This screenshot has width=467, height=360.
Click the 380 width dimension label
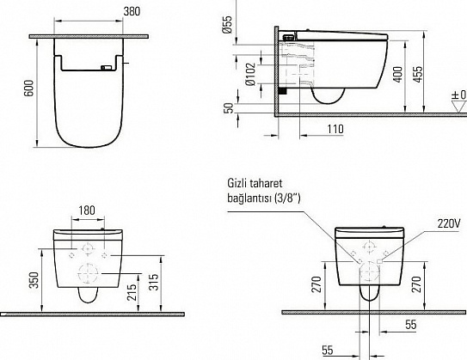(x=132, y=11)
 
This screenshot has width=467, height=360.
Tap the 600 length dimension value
(x=29, y=88)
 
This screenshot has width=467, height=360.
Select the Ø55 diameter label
(x=227, y=24)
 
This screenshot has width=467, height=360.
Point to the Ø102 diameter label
(x=250, y=74)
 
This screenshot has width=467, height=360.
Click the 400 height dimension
(x=397, y=75)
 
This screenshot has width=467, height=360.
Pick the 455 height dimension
(x=418, y=75)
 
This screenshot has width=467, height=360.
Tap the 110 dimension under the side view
(x=335, y=129)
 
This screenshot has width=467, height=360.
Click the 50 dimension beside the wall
(x=229, y=108)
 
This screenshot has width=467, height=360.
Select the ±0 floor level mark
(x=459, y=95)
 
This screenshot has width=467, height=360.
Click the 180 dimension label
(x=87, y=211)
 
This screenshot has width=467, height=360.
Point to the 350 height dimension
(x=34, y=280)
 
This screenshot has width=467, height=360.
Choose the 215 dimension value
(x=132, y=292)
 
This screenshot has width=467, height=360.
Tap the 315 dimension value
(x=154, y=282)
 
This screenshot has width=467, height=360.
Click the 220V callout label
(x=449, y=223)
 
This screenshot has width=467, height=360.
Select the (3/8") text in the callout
(x=287, y=198)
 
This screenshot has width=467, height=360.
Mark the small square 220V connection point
(x=380, y=261)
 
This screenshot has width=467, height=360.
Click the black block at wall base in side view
(x=282, y=90)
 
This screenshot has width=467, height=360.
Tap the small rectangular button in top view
(x=107, y=68)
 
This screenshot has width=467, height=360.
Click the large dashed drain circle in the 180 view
(x=88, y=273)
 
